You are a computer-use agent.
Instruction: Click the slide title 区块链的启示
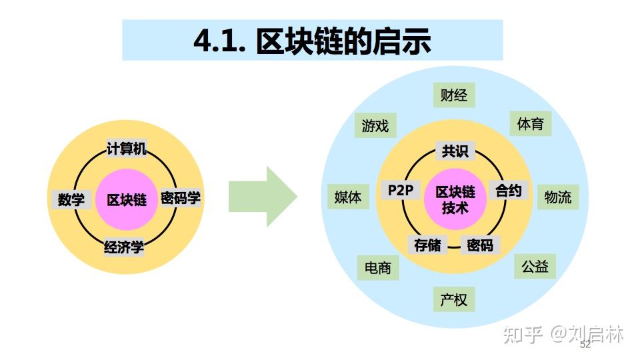[x=312, y=41]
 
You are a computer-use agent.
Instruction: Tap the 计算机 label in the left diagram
[x=127, y=149]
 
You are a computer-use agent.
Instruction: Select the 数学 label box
[x=71, y=199]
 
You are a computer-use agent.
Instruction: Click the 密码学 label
[x=180, y=198]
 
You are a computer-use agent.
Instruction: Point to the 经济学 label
[x=124, y=248]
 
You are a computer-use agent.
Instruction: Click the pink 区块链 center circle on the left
[x=126, y=199]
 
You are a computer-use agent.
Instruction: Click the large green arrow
[x=262, y=197]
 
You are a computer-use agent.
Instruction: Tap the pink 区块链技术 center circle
[x=455, y=199]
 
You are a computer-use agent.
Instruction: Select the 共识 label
[x=455, y=151]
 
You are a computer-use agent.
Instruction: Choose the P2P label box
[x=401, y=191]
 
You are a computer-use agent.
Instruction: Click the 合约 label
[x=508, y=191]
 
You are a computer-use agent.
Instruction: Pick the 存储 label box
[x=427, y=245]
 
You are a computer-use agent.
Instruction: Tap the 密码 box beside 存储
[x=480, y=245]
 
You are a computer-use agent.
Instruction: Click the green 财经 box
[x=454, y=95]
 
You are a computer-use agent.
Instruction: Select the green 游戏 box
[x=375, y=125]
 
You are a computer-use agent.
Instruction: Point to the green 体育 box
[x=531, y=123]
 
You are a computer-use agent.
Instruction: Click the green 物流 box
[x=557, y=197]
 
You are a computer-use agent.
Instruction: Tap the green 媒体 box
[x=348, y=197]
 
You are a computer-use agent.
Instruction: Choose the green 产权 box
[x=454, y=299]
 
